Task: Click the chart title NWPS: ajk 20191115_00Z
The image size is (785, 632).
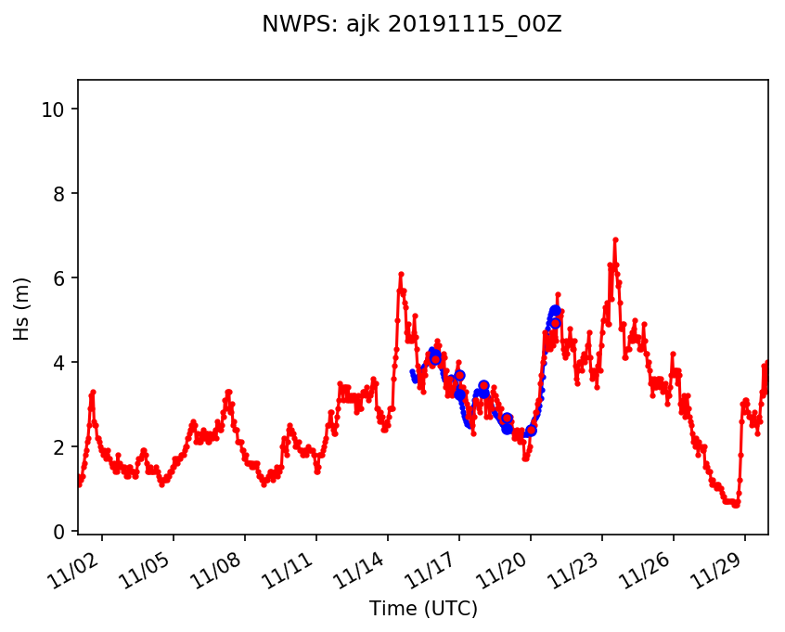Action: coord(412,25)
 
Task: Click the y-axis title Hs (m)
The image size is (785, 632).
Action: coord(21,308)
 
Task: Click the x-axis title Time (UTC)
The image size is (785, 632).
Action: coord(423,609)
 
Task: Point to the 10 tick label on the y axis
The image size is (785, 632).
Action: coord(52,110)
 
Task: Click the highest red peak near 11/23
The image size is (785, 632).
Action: coord(615,239)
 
